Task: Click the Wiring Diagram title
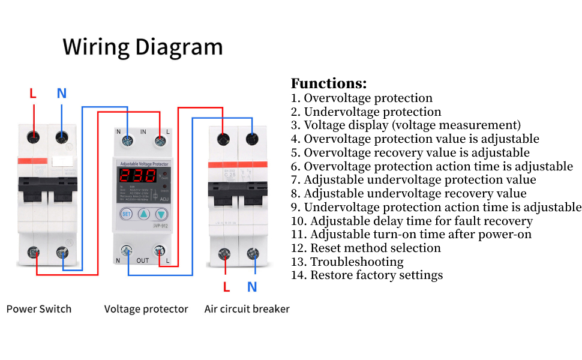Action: point(143,47)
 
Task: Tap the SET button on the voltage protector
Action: point(126,214)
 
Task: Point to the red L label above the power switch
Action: point(33,94)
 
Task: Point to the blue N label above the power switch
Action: point(61,94)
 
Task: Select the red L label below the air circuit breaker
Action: point(226,287)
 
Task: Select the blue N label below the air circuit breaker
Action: point(252,287)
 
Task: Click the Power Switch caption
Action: point(39,309)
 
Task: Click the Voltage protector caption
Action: point(146,309)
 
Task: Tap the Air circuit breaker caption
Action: point(247,309)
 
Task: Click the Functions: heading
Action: point(328,83)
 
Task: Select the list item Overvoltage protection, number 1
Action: point(362,98)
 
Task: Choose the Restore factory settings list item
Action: point(367,275)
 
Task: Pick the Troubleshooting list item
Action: point(347,262)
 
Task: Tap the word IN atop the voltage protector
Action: point(143,131)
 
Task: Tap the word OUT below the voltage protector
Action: point(143,260)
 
